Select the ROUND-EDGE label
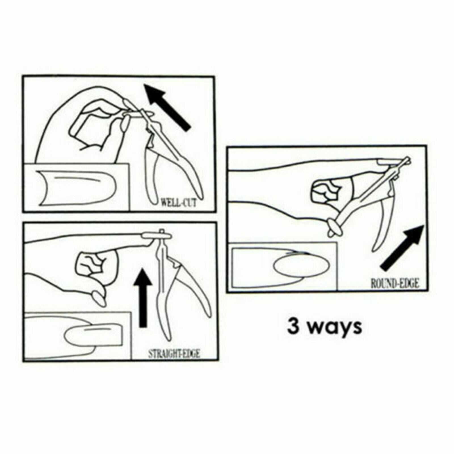395,283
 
